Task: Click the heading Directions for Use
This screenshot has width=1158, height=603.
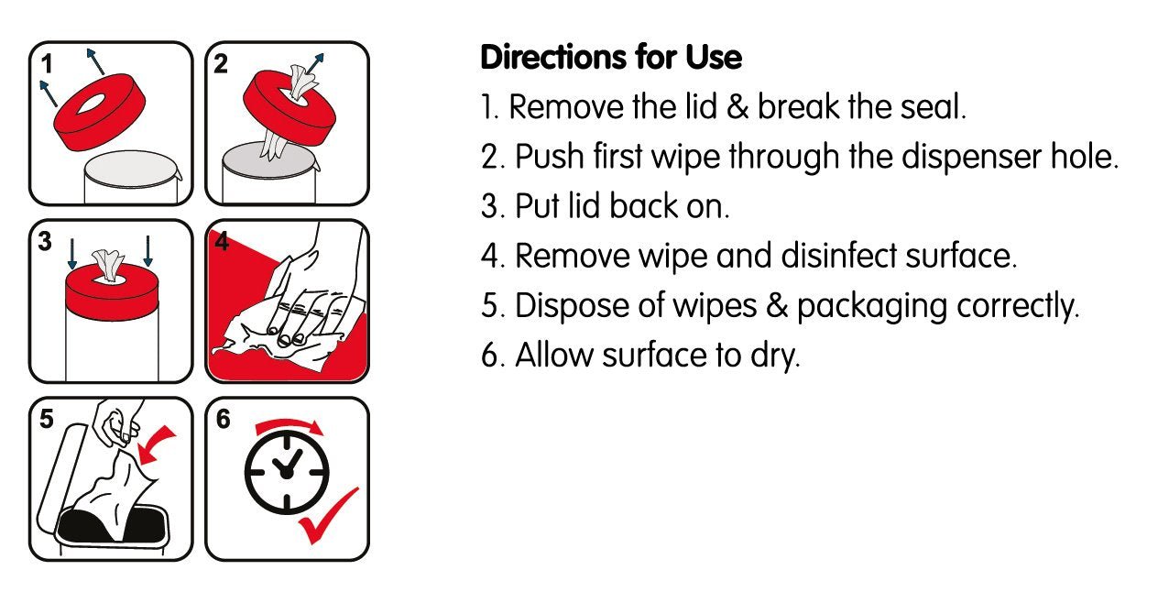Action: [x=611, y=58]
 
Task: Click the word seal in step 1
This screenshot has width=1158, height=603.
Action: [x=932, y=107]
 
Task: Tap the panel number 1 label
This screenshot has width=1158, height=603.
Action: [x=45, y=64]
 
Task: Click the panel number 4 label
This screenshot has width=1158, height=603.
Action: [x=222, y=241]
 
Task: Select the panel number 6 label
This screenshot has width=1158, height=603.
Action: [x=223, y=419]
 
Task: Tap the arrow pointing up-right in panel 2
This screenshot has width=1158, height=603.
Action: [x=314, y=62]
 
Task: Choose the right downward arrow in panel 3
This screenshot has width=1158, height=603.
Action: [x=147, y=253]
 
